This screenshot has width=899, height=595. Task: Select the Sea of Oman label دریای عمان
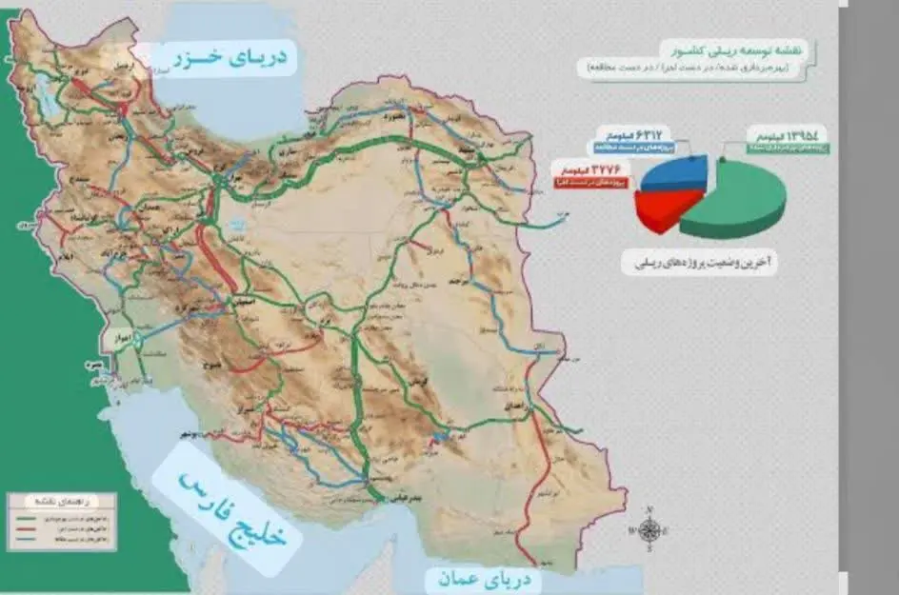484,578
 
